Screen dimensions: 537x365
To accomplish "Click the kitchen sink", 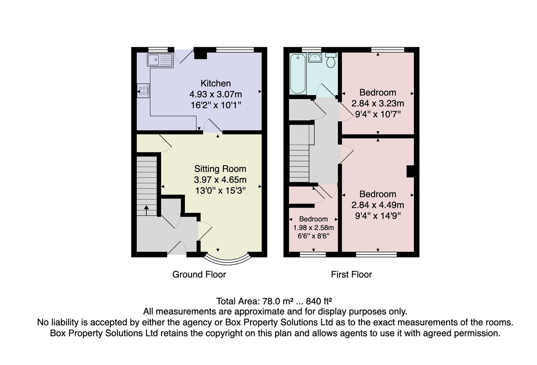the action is click(x=160, y=60).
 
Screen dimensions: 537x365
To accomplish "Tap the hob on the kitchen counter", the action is click(x=143, y=91).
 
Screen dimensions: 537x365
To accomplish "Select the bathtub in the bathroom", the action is click(x=298, y=73).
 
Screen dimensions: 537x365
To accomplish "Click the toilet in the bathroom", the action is click(x=331, y=60).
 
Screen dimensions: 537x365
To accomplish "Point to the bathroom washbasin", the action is click(x=315, y=58).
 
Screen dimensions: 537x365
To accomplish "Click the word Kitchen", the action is click(x=216, y=83).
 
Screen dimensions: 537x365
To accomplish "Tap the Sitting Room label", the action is click(x=220, y=169).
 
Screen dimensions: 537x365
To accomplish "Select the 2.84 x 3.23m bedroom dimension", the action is click(x=378, y=103).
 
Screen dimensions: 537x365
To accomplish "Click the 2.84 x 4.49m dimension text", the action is click(x=378, y=205).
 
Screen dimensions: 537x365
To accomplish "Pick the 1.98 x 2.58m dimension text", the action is click(x=314, y=227).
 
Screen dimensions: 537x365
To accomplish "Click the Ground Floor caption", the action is click(x=199, y=274).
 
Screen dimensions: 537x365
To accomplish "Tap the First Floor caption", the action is click(x=351, y=274).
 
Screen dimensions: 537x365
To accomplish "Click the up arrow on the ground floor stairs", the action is click(x=146, y=210).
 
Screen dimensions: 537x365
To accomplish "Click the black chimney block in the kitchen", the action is click(x=200, y=54).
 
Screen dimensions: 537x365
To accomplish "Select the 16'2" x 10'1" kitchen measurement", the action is click(x=216, y=105).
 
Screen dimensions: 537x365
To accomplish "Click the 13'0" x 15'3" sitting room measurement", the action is click(x=220, y=191).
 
